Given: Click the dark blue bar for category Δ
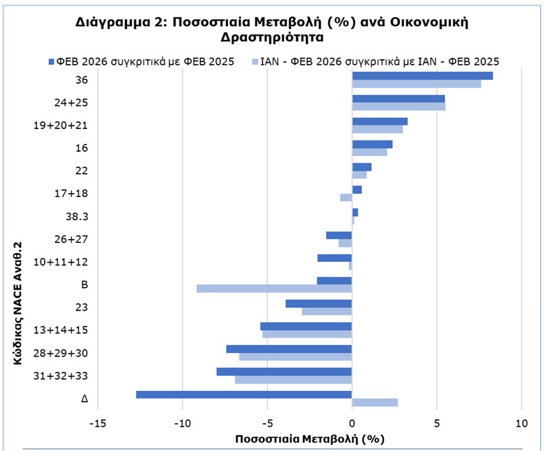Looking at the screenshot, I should [x=244, y=394].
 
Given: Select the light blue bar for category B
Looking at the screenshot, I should [x=274, y=288].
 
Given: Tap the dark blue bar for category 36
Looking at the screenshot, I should [x=423, y=76].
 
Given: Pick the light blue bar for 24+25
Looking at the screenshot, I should [x=398, y=107].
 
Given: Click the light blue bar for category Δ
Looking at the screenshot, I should [x=375, y=402].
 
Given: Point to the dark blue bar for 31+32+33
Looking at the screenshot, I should [x=284, y=371].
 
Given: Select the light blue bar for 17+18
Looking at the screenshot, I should [x=346, y=198].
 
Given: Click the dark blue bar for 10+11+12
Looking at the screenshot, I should [x=334, y=258].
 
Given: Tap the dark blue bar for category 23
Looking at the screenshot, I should [x=319, y=304].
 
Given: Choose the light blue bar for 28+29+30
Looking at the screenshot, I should [x=296, y=356].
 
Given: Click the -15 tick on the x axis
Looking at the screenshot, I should [x=97, y=423].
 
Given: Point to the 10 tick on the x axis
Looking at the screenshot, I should [x=521, y=423].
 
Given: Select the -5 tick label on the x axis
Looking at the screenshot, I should [x=267, y=423].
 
